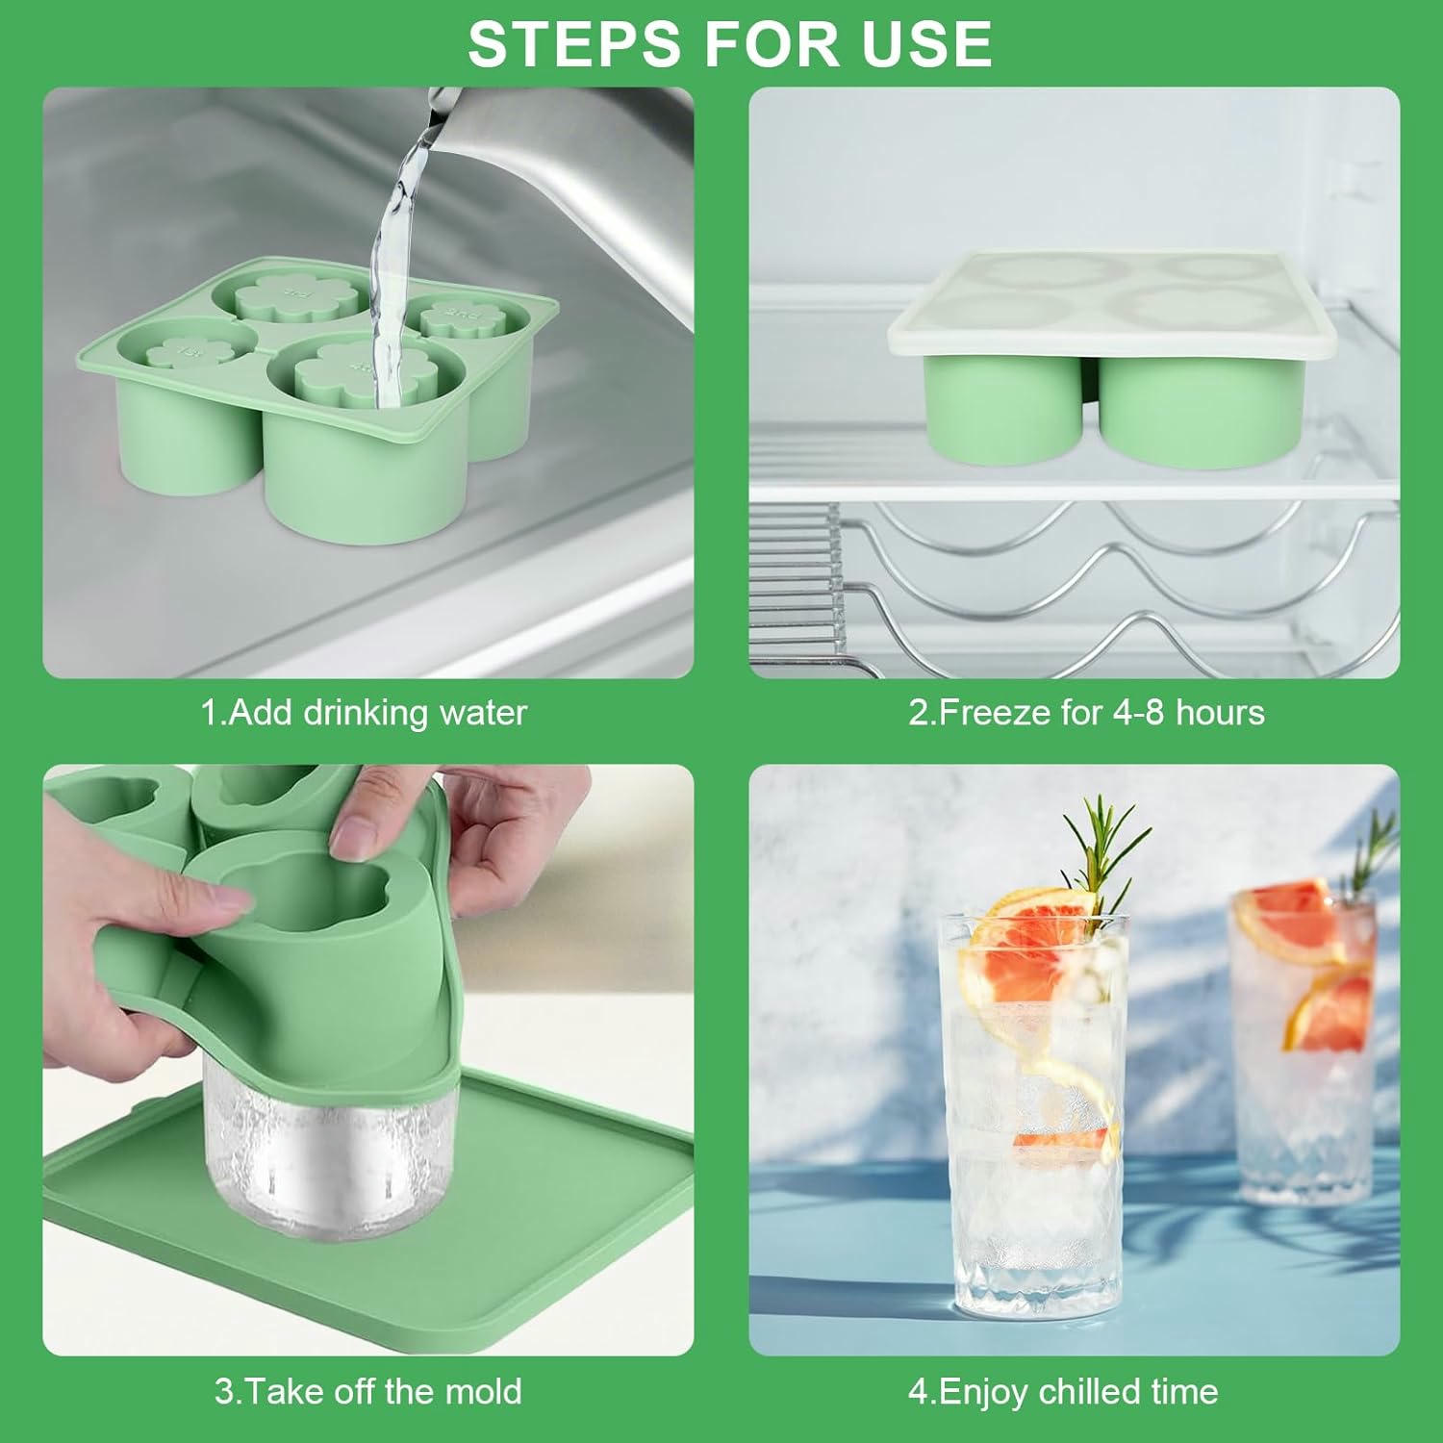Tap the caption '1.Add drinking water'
(x=364, y=713)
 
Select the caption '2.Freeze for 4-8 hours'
(x=1086, y=713)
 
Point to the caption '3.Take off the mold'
(x=367, y=1391)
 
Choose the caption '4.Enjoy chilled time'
(x=1063, y=1391)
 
